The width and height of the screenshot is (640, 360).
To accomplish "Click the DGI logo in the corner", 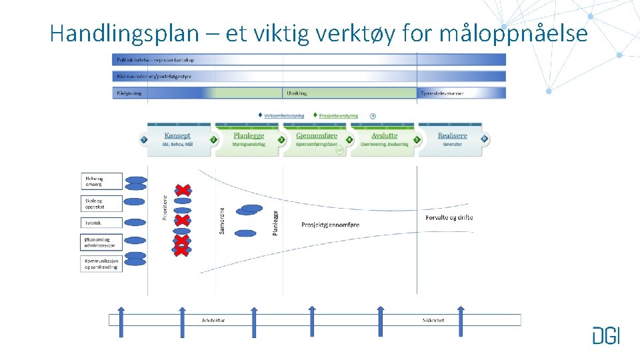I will click(605, 335).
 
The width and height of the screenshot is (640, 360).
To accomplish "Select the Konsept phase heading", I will click(177, 136).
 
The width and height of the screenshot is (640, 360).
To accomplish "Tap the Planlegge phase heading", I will click(248, 136).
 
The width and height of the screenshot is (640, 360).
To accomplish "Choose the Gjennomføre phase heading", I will click(317, 136).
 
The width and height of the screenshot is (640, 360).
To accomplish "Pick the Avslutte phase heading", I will click(384, 136).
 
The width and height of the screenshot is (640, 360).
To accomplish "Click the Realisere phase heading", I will click(452, 136).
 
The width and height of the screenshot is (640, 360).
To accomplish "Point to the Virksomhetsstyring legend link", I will click(283, 115).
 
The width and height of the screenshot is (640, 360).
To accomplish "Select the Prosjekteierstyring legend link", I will click(338, 115).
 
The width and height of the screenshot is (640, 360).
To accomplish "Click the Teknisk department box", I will click(101, 223).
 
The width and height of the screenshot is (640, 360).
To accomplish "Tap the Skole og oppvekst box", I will click(101, 203).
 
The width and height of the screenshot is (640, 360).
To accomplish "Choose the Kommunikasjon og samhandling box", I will click(101, 263).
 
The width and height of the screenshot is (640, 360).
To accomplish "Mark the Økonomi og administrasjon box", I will click(101, 242).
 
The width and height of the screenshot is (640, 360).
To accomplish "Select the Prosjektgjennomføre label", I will click(330, 225).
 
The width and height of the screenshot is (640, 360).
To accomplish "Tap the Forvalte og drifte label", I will click(449, 217).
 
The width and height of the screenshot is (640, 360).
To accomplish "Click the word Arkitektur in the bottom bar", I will click(213, 321).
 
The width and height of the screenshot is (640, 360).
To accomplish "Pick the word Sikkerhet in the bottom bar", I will click(433, 321).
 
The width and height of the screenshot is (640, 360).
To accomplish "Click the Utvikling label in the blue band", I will click(297, 93).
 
